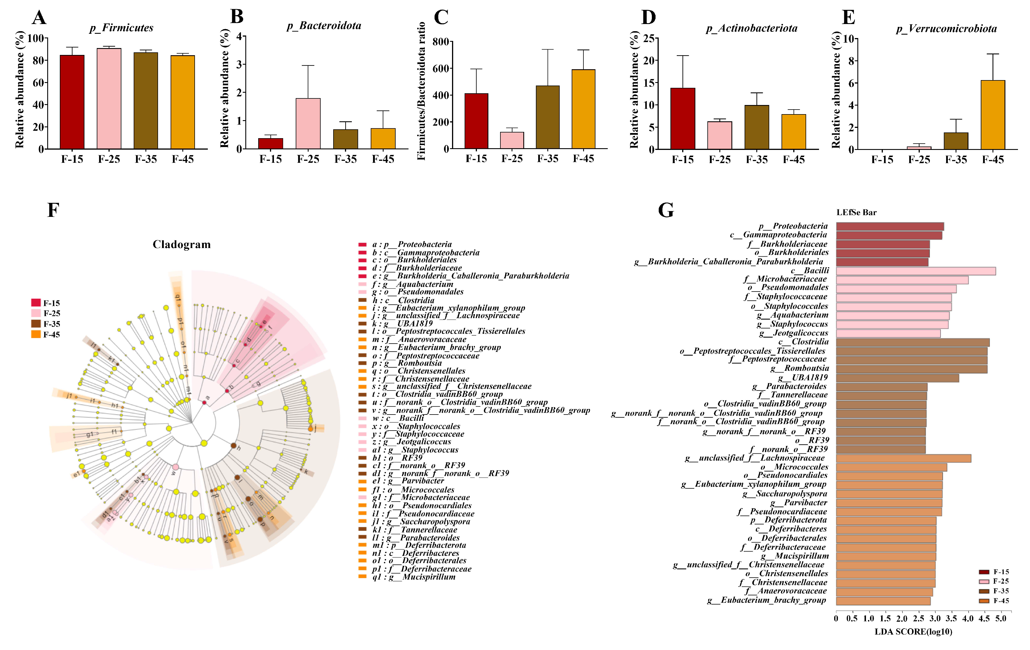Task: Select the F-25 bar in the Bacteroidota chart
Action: (x=308, y=124)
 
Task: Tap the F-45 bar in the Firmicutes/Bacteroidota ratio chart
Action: (x=583, y=109)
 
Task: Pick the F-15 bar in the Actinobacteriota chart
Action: (x=683, y=118)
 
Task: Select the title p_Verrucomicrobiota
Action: (x=946, y=29)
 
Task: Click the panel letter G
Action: (x=666, y=210)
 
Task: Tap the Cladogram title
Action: (x=181, y=244)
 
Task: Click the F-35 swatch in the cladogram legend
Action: (x=36, y=324)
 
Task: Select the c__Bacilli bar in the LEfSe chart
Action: (x=915, y=271)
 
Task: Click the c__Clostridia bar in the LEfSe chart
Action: (x=912, y=342)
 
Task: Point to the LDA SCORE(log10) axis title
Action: (x=913, y=632)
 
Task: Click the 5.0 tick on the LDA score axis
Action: (x=1001, y=618)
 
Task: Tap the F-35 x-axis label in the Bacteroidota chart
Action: (x=346, y=159)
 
